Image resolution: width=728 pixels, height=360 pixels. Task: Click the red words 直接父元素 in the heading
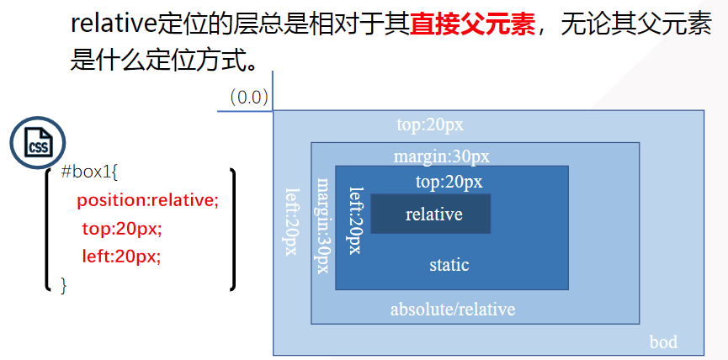[x=473, y=25]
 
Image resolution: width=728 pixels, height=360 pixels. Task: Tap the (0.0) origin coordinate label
[x=249, y=97]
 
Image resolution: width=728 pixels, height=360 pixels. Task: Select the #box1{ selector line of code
[x=89, y=173]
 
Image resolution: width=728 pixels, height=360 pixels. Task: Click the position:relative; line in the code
[x=147, y=201]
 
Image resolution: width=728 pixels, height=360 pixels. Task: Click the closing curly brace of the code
[x=63, y=285]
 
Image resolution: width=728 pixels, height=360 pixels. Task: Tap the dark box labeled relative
[x=431, y=214]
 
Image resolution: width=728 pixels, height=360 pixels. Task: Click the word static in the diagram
[x=449, y=265]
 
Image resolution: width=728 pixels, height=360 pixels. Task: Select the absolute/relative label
[x=452, y=309]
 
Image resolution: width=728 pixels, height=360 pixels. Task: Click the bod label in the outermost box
[x=663, y=342]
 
